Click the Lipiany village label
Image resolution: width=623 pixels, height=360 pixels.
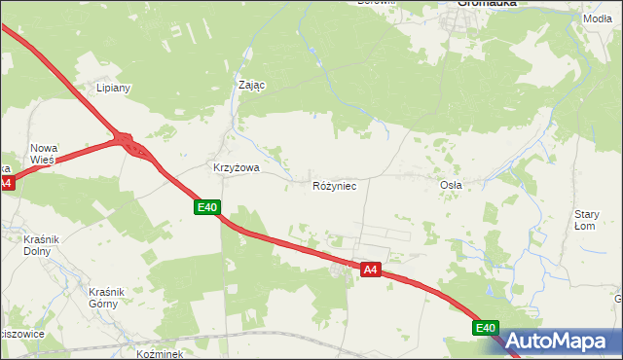[113, 88]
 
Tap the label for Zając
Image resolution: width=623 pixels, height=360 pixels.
[252, 85]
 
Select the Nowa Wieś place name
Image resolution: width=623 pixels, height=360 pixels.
[44, 154]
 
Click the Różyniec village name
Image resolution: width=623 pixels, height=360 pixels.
[341, 185]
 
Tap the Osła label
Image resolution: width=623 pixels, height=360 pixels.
[451, 185]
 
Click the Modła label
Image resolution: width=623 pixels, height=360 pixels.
[598, 19]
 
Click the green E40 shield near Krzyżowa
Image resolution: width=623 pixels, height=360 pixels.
[207, 207]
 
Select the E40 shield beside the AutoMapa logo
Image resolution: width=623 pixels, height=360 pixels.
[487, 329]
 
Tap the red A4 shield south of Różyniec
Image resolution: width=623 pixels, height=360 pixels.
[370, 269]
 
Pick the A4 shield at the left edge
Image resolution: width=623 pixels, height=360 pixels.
[5, 182]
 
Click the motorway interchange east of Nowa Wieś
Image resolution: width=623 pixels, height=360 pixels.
[130, 146]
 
